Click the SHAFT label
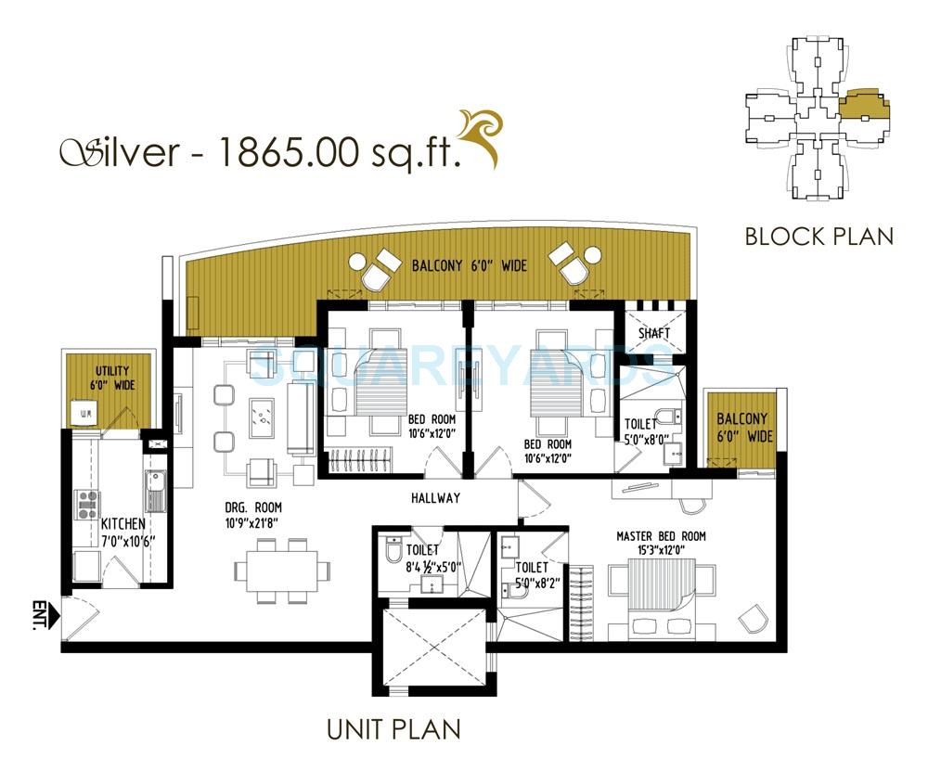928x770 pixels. tap(654, 333)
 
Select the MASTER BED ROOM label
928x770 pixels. tap(661, 536)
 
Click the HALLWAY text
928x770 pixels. tap(435, 498)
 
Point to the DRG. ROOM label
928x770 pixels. tap(252, 507)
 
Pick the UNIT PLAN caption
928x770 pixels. tap(393, 729)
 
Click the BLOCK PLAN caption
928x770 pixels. tap(819, 237)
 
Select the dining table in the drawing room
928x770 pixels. tap(276, 570)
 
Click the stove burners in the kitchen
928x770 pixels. tap(87, 504)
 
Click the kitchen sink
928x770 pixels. tap(154, 488)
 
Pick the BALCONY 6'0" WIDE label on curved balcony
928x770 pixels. tap(469, 266)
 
